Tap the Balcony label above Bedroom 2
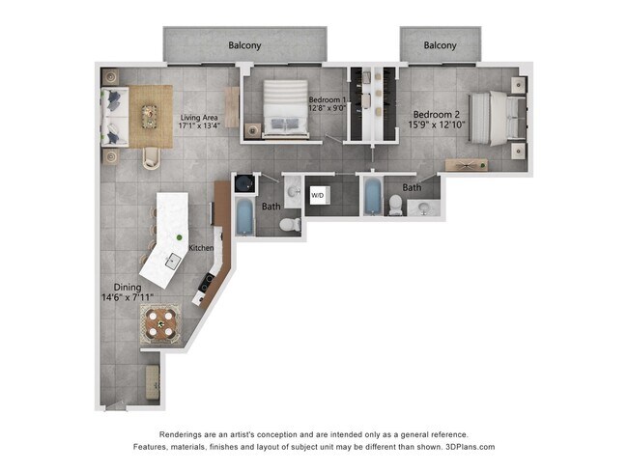(x=440, y=45)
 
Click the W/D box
(x=317, y=196)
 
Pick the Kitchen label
(x=201, y=248)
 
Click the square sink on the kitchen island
(x=173, y=260)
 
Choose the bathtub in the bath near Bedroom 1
(x=245, y=217)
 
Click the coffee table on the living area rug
(x=149, y=116)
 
